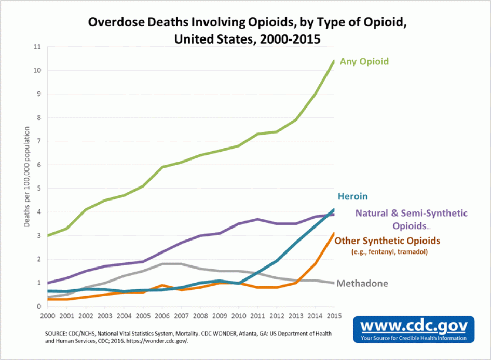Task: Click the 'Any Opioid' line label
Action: pyautogui.click(x=364, y=61)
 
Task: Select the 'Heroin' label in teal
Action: pyautogui.click(x=352, y=196)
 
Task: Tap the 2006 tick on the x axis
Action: pyautogui.click(x=162, y=315)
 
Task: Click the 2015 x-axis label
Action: pyautogui.click(x=334, y=315)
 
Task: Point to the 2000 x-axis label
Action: pyautogui.click(x=48, y=315)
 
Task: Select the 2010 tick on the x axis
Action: pyautogui.click(x=239, y=315)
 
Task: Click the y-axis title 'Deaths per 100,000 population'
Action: pyautogui.click(x=26, y=177)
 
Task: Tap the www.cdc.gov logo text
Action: pyautogui.click(x=414, y=326)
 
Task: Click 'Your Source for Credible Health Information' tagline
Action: pyautogui.click(x=414, y=338)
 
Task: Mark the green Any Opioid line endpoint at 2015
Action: pyautogui.click(x=334, y=61)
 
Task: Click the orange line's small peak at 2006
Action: pyautogui.click(x=162, y=285)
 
